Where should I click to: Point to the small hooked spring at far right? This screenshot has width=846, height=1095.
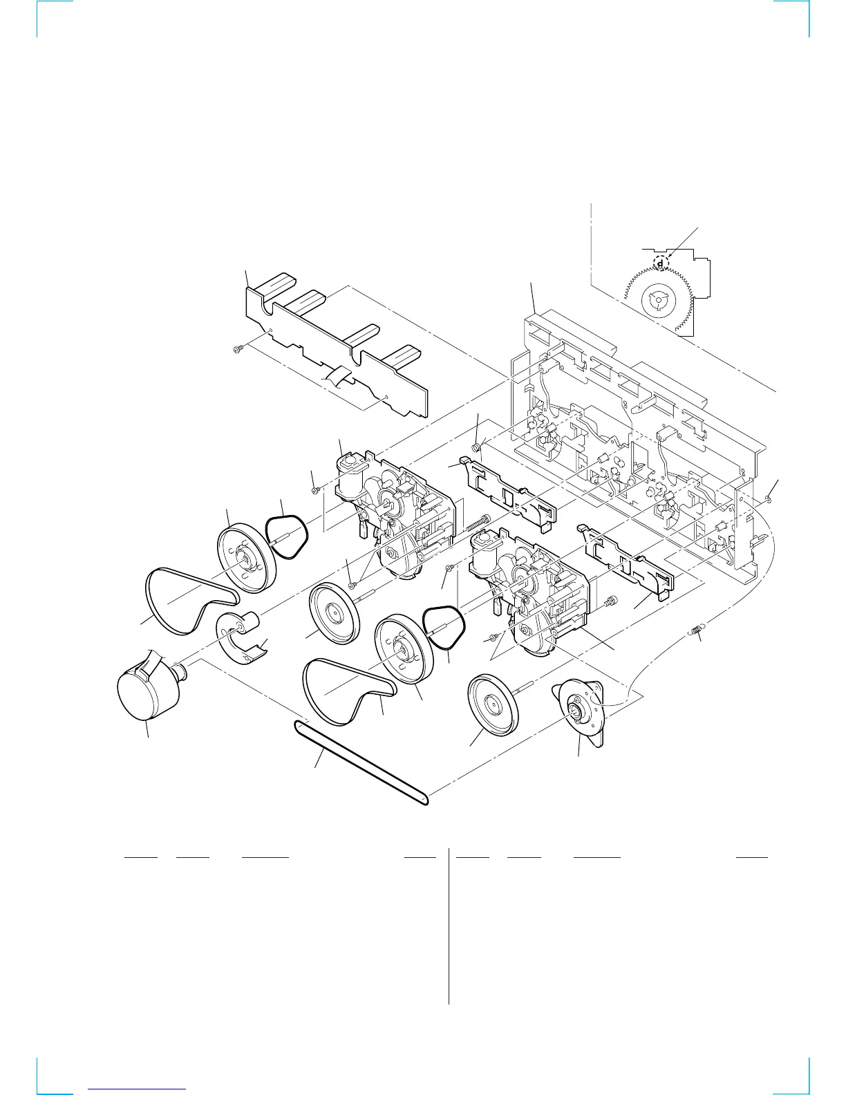(x=697, y=630)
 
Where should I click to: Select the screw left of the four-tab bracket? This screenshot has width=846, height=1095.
(x=236, y=350)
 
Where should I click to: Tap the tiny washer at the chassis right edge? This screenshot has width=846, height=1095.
(x=768, y=499)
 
